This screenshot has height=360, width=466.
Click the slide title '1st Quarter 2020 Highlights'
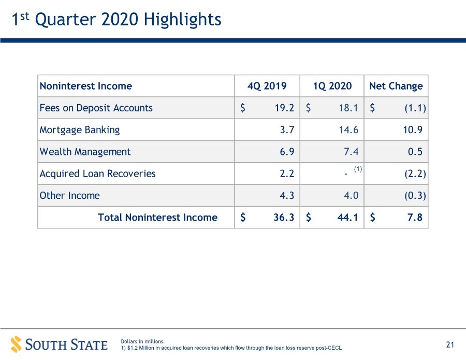coord(116,19)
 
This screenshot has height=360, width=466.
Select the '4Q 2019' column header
coord(267,86)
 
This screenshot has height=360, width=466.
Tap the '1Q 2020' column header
coord(332,86)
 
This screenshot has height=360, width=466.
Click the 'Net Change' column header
coord(396,86)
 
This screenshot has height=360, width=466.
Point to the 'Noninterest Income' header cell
coord(86,86)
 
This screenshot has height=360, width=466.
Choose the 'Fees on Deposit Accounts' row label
coord(96,108)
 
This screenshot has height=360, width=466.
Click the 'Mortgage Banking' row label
coord(80,130)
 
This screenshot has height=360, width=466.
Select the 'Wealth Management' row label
coord(85,152)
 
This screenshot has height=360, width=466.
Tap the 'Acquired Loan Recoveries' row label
coord(97,174)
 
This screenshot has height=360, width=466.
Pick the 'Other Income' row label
coord(69,196)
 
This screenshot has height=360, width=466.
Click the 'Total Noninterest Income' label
coord(157,218)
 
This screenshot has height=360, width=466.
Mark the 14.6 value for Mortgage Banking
coord(348,130)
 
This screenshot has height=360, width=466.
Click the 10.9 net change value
coord(413,130)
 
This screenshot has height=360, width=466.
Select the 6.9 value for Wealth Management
coord(287,152)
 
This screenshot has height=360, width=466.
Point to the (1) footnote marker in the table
coord(358,169)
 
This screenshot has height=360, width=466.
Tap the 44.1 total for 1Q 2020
coord(348,218)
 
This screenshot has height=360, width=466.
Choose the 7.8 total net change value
coord(415,218)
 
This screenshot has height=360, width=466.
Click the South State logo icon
coord(16,344)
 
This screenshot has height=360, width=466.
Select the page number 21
coord(450,344)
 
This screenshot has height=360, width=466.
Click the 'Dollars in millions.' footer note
coord(143,341)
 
